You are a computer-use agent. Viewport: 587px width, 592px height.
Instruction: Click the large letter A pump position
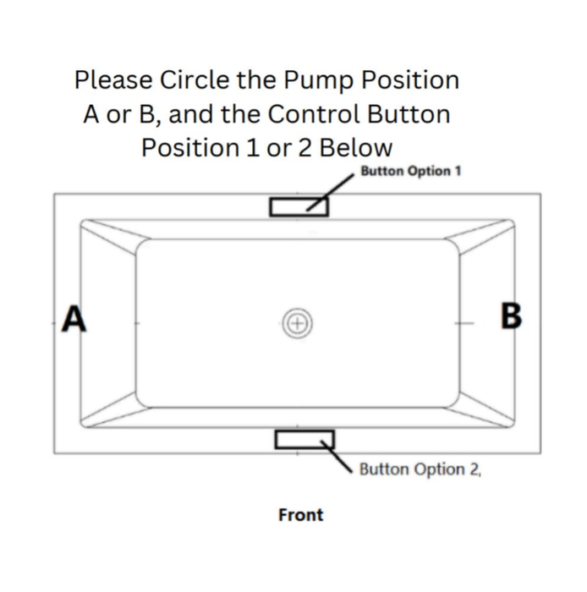(x=74, y=318)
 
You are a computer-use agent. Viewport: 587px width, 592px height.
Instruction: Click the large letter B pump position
(x=511, y=315)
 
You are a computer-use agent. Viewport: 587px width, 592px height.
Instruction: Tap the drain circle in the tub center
(x=298, y=324)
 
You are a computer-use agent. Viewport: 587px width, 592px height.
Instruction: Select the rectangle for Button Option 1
(x=299, y=207)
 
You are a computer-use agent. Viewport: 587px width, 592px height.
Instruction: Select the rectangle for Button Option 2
(x=304, y=440)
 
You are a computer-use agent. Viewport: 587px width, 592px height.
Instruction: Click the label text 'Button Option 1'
(x=411, y=171)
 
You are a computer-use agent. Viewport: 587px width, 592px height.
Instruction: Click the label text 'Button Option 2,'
(x=420, y=469)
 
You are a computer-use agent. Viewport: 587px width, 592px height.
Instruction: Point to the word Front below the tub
(x=301, y=515)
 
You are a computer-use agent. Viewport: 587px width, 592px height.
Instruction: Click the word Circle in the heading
(x=195, y=79)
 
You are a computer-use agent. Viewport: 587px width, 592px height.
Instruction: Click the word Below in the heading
(x=356, y=147)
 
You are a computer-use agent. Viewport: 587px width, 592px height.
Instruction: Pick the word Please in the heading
(x=113, y=79)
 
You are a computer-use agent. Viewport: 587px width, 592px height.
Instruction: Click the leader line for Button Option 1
(x=331, y=193)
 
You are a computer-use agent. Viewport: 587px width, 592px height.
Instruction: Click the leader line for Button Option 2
(x=337, y=457)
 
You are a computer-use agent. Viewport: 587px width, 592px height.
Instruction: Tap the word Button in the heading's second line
(x=409, y=113)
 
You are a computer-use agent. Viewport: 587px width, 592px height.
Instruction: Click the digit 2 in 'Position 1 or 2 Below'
(x=305, y=148)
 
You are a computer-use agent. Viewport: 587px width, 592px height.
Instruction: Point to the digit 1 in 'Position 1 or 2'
(x=253, y=148)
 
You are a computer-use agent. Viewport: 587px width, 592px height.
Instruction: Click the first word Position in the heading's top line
(x=411, y=79)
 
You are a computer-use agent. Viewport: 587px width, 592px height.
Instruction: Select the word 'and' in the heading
(x=190, y=113)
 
